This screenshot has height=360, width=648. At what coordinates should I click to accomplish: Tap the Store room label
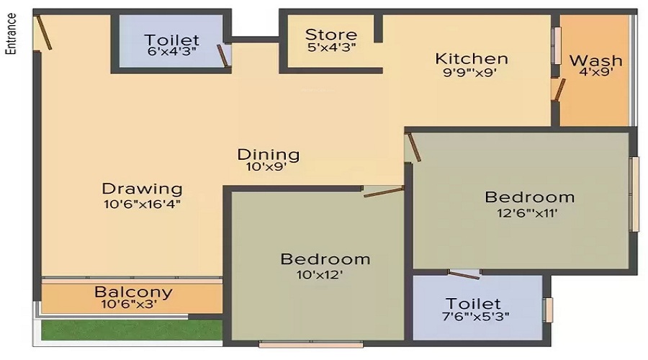click(330, 35)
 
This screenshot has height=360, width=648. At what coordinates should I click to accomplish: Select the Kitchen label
click(472, 58)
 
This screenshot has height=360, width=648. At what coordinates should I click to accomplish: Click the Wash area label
click(595, 60)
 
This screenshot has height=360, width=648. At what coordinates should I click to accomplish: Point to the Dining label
click(269, 154)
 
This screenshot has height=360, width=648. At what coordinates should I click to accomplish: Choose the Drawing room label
click(142, 189)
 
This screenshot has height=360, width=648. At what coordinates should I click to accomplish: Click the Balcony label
click(133, 292)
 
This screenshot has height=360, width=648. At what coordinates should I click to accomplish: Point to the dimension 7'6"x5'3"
click(477, 317)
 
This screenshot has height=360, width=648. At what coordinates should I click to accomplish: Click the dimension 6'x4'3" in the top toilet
click(171, 53)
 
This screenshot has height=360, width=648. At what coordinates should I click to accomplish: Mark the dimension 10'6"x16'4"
click(142, 204)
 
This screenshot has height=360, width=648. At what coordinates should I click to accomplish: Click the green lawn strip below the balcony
click(130, 329)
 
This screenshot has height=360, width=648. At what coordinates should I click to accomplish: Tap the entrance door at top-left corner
click(44, 32)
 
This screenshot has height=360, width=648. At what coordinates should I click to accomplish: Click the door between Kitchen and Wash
click(557, 88)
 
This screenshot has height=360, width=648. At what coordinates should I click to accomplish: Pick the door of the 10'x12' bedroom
click(384, 192)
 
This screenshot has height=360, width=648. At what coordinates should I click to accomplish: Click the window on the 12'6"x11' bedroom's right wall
click(634, 194)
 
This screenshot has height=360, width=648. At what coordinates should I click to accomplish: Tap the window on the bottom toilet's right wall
click(549, 309)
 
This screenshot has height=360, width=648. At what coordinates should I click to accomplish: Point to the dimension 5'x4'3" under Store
click(330, 48)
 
